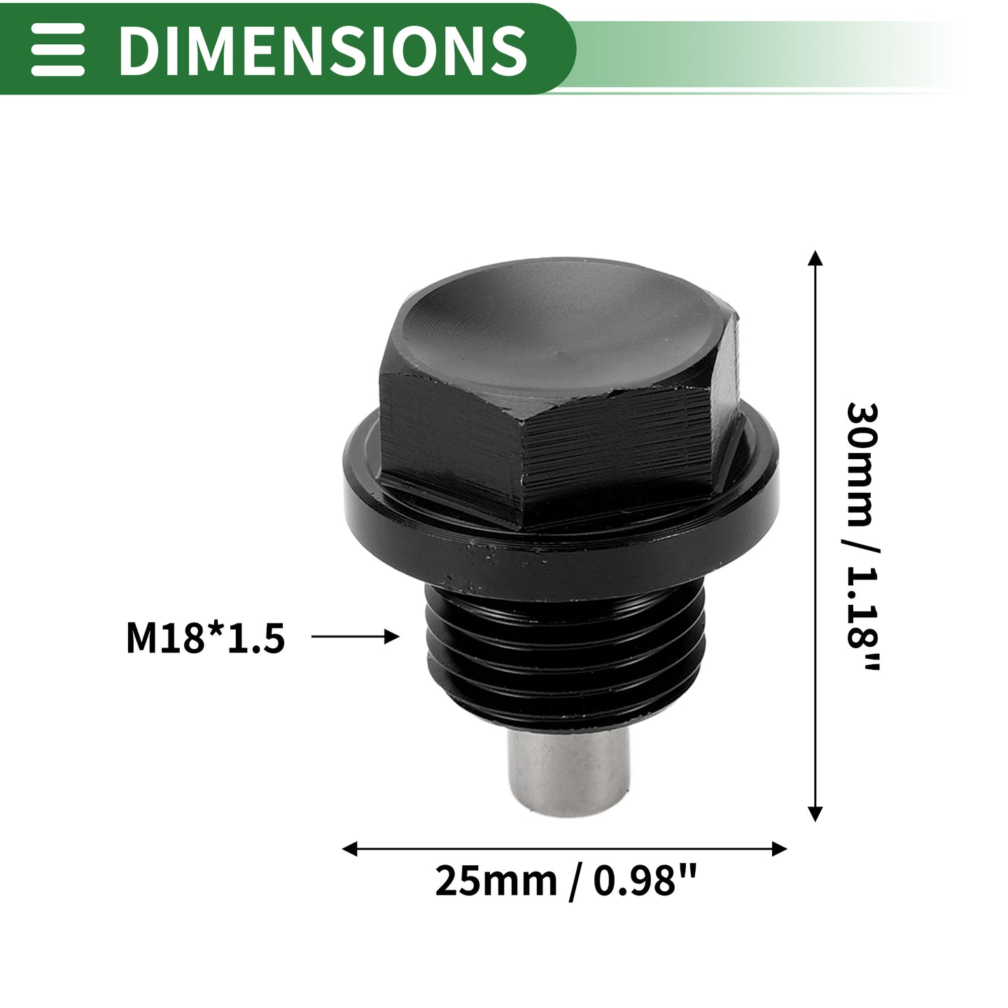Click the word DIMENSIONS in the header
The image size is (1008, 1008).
point(322,50)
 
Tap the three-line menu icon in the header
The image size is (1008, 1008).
point(57,49)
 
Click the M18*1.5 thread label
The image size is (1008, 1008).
point(205,638)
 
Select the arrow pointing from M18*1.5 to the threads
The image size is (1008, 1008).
point(355,636)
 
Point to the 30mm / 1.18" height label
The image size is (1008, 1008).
point(862,537)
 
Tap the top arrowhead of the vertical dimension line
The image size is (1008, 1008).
point(815,258)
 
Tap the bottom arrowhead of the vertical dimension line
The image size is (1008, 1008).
point(815,814)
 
